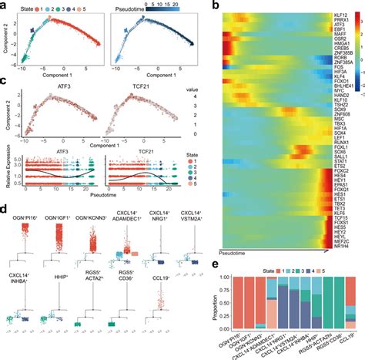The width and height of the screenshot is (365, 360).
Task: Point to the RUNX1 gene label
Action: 325,142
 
